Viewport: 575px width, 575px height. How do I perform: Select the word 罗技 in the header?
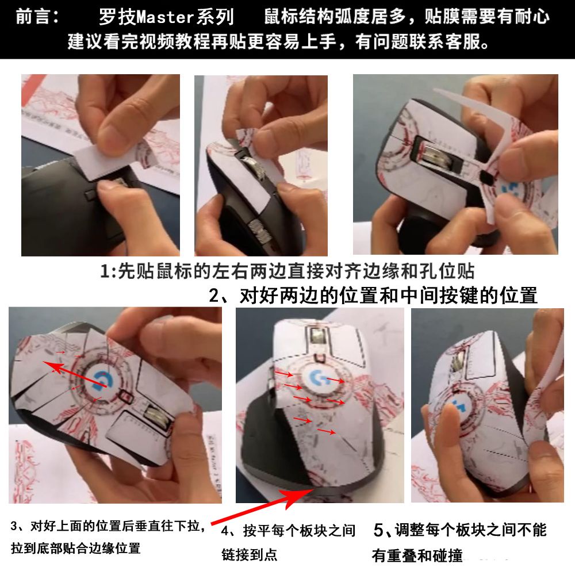point(117,17)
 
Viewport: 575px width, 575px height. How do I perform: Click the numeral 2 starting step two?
point(214,296)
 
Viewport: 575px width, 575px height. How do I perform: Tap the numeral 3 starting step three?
point(14,527)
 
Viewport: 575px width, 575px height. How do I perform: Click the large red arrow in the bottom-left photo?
point(75,374)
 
